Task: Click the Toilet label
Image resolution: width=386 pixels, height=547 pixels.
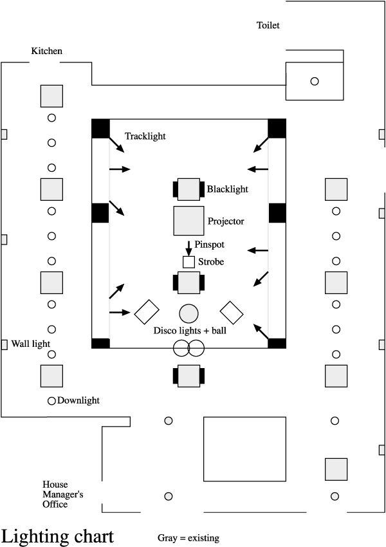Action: (x=268, y=26)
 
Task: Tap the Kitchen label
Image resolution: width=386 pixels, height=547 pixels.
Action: (x=46, y=51)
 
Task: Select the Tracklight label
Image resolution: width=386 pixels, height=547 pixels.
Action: (x=145, y=136)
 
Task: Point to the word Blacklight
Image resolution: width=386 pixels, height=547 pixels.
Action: (x=228, y=189)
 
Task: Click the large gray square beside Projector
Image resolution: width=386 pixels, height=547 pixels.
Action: (x=188, y=221)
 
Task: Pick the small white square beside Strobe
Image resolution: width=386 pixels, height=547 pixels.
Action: (x=188, y=262)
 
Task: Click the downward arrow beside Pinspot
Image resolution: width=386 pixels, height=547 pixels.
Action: (x=188, y=247)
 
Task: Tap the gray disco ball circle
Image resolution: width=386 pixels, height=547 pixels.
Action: (x=188, y=313)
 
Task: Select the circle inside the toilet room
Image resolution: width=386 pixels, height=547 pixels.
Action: (x=315, y=81)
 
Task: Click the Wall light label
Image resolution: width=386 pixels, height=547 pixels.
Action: (x=31, y=344)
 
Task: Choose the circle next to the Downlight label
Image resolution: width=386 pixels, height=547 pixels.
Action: (x=51, y=400)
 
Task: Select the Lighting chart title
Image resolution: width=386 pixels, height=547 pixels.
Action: (x=58, y=536)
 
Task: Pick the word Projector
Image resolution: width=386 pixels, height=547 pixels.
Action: (x=226, y=221)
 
